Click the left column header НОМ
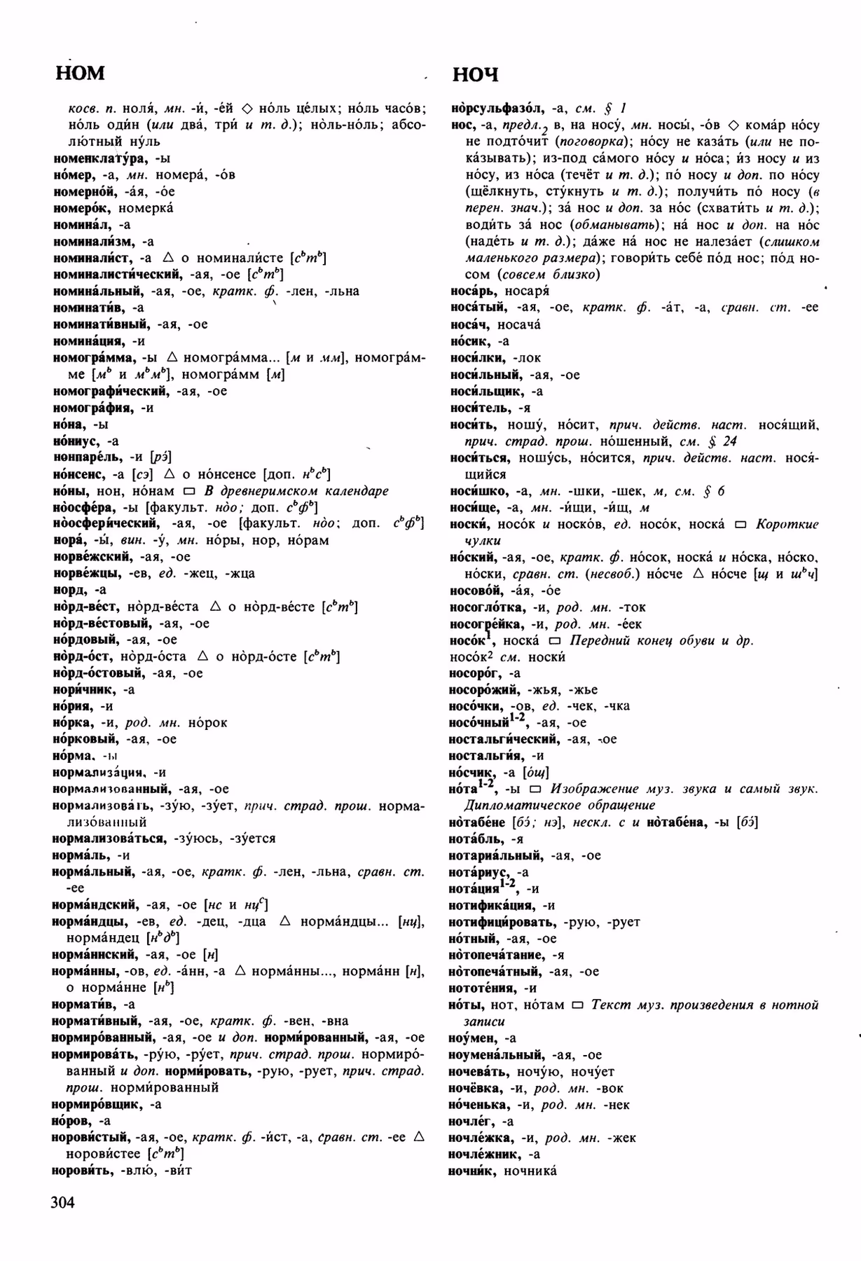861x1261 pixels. (x=80, y=73)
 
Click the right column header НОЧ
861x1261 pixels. (x=476, y=75)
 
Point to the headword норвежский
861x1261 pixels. (x=92, y=557)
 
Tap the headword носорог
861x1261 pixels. (x=475, y=673)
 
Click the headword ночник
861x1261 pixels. (x=471, y=1171)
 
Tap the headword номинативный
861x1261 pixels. (x=101, y=324)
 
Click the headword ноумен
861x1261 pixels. (x=472, y=1038)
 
